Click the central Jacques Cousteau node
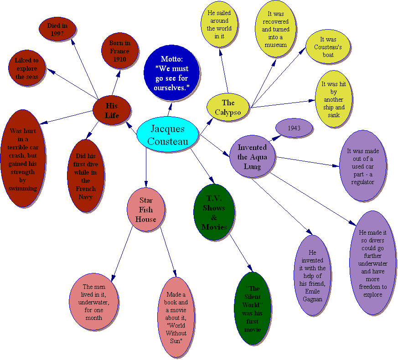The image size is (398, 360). tap(167, 134)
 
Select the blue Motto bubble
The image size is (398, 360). tap(171, 73)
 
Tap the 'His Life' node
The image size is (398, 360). tap(112, 110)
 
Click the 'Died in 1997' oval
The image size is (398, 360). tap(57, 29)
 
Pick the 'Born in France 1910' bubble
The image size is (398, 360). tap(120, 51)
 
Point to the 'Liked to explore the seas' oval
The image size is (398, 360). tap(27, 68)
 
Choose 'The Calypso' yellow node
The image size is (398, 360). tap(228, 108)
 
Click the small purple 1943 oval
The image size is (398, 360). tap(294, 128)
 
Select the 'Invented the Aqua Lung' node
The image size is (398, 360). tap(252, 157)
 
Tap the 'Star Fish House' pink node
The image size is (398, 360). tap(146, 210)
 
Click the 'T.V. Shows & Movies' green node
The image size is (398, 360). tap(214, 212)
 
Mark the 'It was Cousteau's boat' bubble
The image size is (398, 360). tap(328, 47)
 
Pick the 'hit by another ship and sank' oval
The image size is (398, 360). tap(334, 99)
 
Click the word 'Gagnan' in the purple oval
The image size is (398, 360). tap(312, 299)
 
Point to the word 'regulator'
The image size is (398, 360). tap(362, 182)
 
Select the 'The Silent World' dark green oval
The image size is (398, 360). tap(253, 309)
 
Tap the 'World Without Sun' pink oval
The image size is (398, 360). tap(176, 317)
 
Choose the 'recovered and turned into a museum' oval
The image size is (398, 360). tap(276, 29)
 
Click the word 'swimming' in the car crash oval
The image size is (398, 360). tap(23, 189)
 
